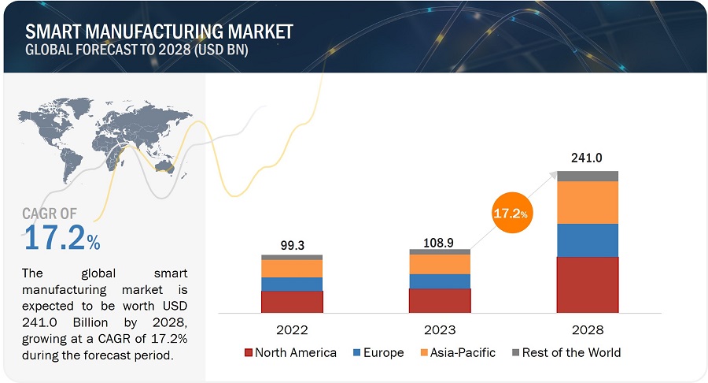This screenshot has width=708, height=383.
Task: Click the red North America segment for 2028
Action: click(588, 284)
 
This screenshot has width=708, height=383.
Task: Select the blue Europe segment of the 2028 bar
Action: click(588, 240)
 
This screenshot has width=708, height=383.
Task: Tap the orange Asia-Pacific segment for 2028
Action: click(588, 203)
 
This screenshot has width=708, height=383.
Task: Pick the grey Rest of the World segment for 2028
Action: click(588, 176)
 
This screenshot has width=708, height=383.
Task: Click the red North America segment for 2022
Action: click(292, 302)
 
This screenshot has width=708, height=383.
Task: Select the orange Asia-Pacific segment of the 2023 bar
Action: click(440, 264)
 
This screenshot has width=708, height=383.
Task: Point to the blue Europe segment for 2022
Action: click(292, 284)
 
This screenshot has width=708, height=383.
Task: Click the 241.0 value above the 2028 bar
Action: click(587, 158)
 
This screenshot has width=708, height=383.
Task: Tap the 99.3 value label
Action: click(292, 244)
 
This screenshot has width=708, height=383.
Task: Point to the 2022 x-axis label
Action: click(292, 329)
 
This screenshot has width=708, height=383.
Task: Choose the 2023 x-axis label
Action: click(439, 329)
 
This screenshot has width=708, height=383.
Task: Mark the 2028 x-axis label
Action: click(588, 329)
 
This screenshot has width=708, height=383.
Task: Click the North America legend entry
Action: click(291, 352)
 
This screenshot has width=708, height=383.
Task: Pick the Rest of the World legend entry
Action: click(566, 352)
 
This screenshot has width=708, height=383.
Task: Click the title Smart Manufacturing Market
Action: click(159, 32)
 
